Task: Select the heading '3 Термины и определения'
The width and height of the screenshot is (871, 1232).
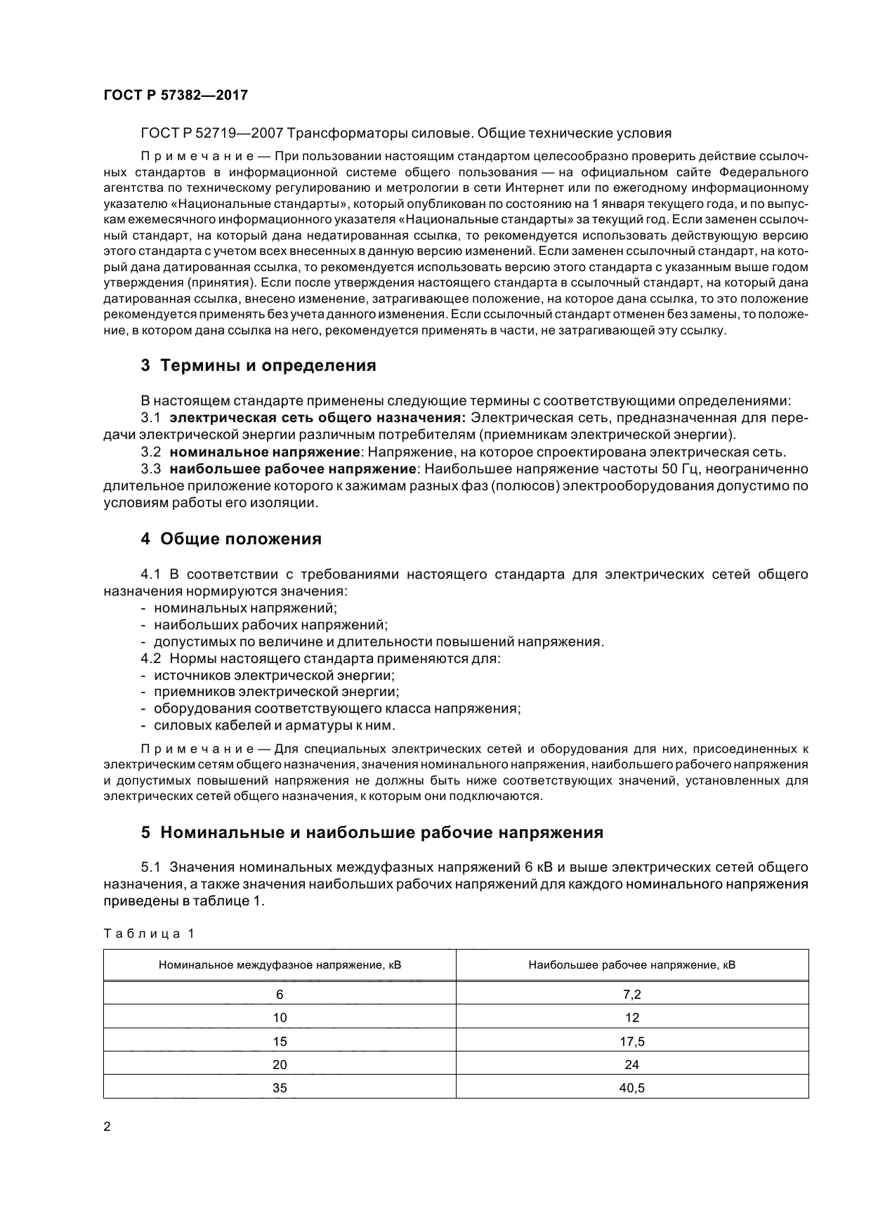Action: click(x=258, y=365)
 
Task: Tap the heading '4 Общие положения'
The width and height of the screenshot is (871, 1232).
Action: click(x=231, y=539)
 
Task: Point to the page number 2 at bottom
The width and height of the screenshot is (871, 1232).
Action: click(x=107, y=1127)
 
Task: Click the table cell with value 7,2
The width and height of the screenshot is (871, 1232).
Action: click(x=631, y=994)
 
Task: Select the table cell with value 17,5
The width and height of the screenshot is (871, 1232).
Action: click(x=631, y=1041)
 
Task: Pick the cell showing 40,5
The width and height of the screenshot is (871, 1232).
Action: click(x=631, y=1088)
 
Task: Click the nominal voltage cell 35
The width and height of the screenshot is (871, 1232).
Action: click(x=280, y=1088)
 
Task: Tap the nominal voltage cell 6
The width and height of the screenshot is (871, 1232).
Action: click(x=280, y=994)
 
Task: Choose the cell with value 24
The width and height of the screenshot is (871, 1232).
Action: click(x=631, y=1064)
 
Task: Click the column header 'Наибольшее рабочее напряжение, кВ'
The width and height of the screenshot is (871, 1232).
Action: click(x=631, y=964)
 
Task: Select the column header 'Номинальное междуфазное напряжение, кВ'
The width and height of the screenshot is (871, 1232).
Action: click(x=280, y=964)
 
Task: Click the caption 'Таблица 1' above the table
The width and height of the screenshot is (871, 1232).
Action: click(x=148, y=933)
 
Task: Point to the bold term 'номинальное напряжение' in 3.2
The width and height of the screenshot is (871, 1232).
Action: click(x=265, y=452)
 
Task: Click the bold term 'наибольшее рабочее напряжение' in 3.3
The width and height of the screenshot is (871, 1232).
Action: click(x=293, y=468)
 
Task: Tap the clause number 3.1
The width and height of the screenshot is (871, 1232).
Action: click(x=150, y=418)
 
